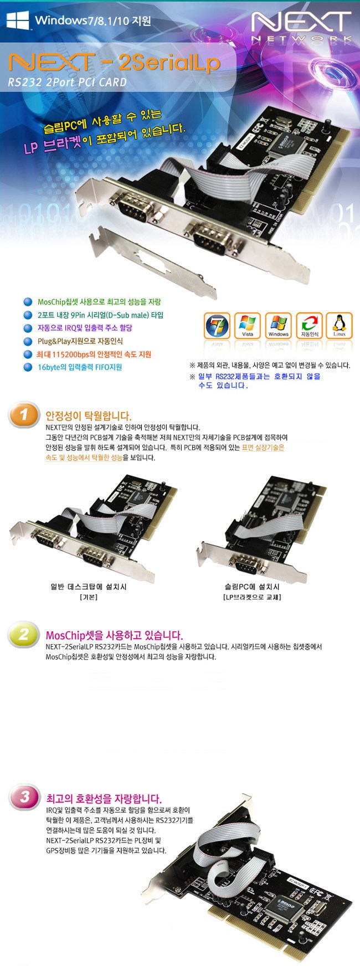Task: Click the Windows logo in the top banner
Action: (17, 20)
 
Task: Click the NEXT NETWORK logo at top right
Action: (301, 27)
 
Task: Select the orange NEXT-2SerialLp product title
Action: (114, 63)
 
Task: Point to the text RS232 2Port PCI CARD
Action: (67, 83)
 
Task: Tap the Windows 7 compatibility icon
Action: (217, 326)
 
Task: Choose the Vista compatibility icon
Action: (248, 326)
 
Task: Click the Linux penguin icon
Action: (340, 326)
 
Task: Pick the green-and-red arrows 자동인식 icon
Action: (309, 326)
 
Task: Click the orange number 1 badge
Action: (24, 415)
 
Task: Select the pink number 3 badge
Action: (24, 797)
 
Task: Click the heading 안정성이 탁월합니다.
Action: (89, 415)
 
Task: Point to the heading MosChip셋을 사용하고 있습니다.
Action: (114, 635)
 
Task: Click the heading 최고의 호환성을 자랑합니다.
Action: (104, 799)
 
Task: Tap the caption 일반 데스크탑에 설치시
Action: (89, 587)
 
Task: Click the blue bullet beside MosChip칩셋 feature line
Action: (28, 302)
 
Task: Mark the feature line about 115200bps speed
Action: (94, 354)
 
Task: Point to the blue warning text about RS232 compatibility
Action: (259, 380)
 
